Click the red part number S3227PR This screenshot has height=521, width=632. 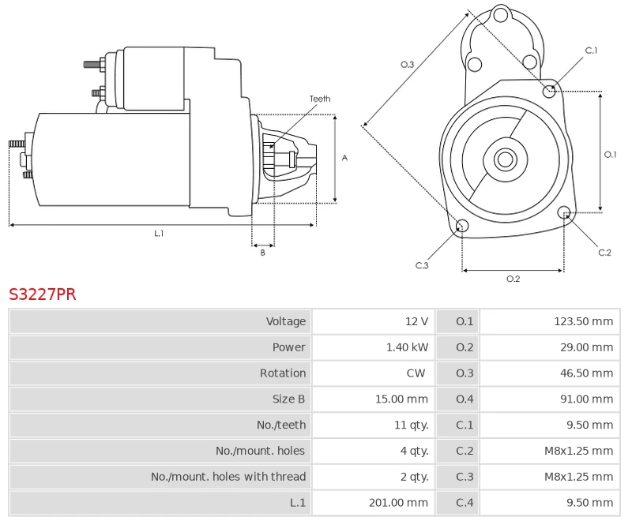[x=43, y=294]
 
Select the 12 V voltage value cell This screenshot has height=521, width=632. [x=416, y=321]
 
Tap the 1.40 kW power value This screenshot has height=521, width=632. [x=407, y=347]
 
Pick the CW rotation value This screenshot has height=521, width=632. [x=416, y=373]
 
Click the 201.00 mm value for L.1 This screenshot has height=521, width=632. [x=398, y=502]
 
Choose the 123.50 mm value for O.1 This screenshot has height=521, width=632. [x=584, y=321]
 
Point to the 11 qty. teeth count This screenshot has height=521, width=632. [x=411, y=425]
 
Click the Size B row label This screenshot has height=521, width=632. [x=288, y=399]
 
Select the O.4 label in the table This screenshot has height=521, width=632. [x=465, y=399]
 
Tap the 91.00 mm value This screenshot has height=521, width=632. [x=587, y=399]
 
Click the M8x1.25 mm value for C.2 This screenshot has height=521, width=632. [x=579, y=451]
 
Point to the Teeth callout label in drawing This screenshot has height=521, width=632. [x=320, y=99]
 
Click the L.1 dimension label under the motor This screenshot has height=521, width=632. [x=159, y=233]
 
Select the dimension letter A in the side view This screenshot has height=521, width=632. [x=344, y=158]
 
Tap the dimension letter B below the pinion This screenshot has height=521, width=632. [x=263, y=253]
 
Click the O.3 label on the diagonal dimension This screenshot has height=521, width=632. [x=408, y=65]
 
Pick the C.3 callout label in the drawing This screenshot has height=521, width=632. [x=422, y=265]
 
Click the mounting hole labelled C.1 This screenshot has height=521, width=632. [x=550, y=92]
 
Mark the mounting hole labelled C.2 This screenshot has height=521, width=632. [x=564, y=212]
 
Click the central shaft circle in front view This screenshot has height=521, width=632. [x=504, y=159]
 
